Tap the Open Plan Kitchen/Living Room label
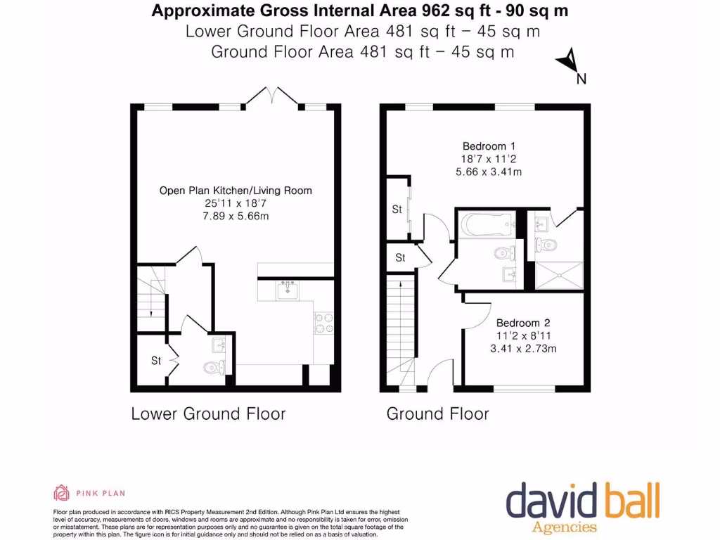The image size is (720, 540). click(236, 191)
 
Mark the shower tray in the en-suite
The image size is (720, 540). click(560, 275)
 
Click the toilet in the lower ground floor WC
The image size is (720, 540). click(213, 367)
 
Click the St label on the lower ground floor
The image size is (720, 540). click(156, 361)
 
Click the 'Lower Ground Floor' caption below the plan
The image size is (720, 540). click(208, 413)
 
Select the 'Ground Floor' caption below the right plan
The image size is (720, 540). click(437, 413)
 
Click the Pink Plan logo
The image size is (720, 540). click(89, 493)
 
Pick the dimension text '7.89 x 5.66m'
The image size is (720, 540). click(236, 216)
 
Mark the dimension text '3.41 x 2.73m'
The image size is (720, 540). click(523, 348)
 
